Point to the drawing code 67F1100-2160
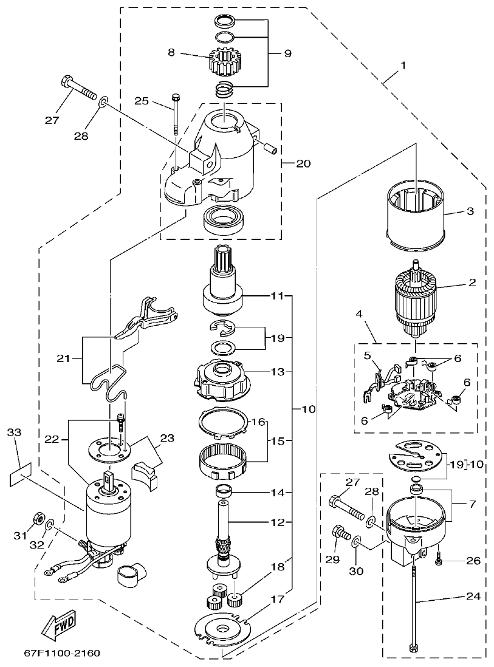[62, 654]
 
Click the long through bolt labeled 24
[414, 601]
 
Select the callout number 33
[14, 433]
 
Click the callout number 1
[403, 64]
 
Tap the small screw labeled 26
[438, 559]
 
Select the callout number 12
[277, 522]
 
